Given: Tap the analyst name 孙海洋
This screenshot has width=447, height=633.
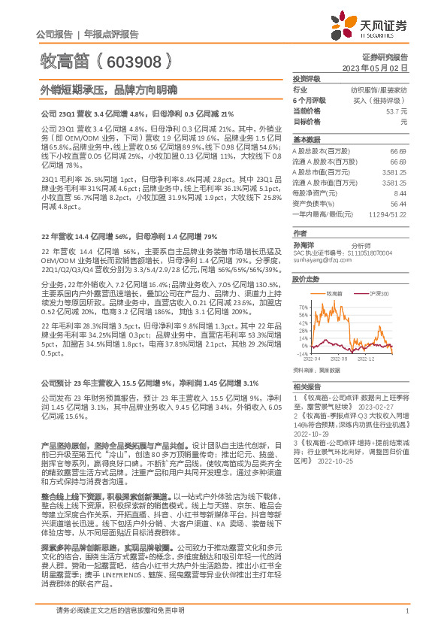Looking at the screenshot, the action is coord(304,244).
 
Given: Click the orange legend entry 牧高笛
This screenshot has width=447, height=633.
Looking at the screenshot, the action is coord(334,294).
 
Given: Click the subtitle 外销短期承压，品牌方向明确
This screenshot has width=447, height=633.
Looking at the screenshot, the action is coord(109,89).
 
